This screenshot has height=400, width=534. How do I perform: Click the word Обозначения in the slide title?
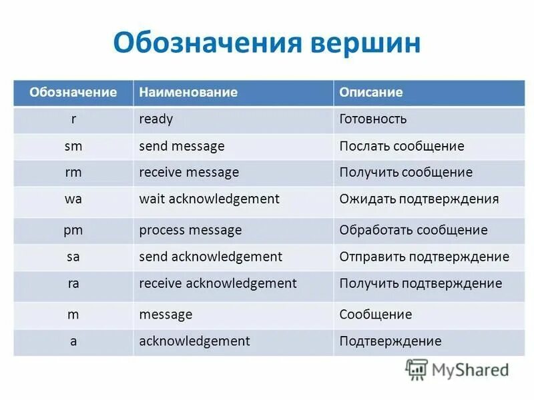tap(206, 42)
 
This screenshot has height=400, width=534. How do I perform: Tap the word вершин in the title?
tap(365, 42)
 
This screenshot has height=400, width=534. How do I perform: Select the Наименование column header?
tap(188, 92)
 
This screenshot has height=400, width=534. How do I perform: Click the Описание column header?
tap(371, 92)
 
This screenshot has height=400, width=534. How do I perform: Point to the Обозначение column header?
tap(73, 92)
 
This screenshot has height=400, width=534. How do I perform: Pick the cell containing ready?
tap(156, 119)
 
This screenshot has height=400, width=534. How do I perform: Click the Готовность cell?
tap(373, 119)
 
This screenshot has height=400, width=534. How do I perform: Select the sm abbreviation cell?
tap(73, 146)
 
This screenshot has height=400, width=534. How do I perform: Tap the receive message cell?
tap(189, 172)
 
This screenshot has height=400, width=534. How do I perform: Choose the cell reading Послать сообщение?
tap(402, 146)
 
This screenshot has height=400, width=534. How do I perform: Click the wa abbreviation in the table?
tap(73, 199)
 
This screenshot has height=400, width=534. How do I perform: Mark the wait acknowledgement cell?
tap(209, 199)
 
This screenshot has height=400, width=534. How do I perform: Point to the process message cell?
tap(190, 230)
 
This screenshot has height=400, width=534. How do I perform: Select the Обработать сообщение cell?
tap(413, 230)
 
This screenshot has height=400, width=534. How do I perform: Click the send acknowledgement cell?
tap(211, 257)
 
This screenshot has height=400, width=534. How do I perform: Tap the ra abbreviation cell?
tap(73, 283)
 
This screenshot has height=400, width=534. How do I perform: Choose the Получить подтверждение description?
tap(421, 283)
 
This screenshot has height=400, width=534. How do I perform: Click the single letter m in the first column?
tap(73, 314)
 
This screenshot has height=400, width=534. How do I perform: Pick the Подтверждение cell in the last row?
tap(390, 341)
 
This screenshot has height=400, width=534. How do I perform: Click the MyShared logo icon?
tap(417, 369)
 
